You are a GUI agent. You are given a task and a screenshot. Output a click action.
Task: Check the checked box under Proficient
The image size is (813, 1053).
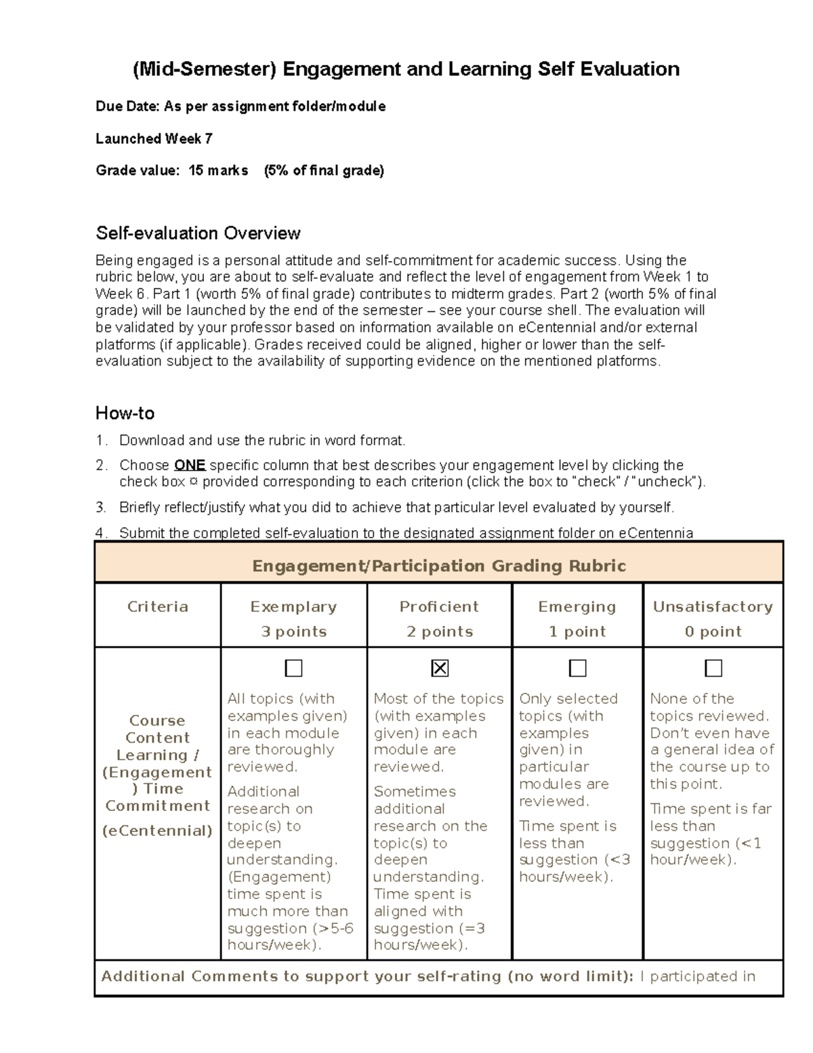(440, 669)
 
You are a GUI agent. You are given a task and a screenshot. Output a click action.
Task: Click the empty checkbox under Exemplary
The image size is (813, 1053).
(293, 669)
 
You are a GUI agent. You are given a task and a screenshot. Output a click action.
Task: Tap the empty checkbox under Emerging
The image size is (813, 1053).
(577, 669)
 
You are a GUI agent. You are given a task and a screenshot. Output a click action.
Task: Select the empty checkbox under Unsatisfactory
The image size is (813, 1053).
(713, 669)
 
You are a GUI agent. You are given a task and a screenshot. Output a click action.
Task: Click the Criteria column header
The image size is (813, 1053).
(157, 607)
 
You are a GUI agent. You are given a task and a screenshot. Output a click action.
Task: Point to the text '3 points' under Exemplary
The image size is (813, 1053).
(294, 632)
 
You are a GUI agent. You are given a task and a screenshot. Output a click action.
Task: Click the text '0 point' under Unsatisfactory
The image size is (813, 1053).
(713, 632)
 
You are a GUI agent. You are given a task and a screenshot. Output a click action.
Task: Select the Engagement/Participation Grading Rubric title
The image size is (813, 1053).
(438, 566)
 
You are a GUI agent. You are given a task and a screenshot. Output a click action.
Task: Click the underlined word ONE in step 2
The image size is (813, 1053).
(190, 465)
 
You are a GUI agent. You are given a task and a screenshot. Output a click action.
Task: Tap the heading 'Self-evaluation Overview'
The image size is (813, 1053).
(198, 233)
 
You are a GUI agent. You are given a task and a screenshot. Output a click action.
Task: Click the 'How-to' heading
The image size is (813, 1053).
(125, 414)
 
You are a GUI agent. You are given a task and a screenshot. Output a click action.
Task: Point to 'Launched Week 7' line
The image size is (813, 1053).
(154, 139)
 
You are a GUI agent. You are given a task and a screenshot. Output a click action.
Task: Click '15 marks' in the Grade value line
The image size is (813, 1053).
(218, 171)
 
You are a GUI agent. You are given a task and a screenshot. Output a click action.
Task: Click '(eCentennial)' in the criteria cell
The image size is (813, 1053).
(157, 831)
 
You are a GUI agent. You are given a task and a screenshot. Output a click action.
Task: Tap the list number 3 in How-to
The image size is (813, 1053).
(100, 507)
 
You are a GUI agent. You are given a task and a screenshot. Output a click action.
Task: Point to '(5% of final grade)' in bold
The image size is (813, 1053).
(324, 171)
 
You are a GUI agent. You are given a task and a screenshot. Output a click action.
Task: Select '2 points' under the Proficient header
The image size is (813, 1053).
(440, 632)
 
